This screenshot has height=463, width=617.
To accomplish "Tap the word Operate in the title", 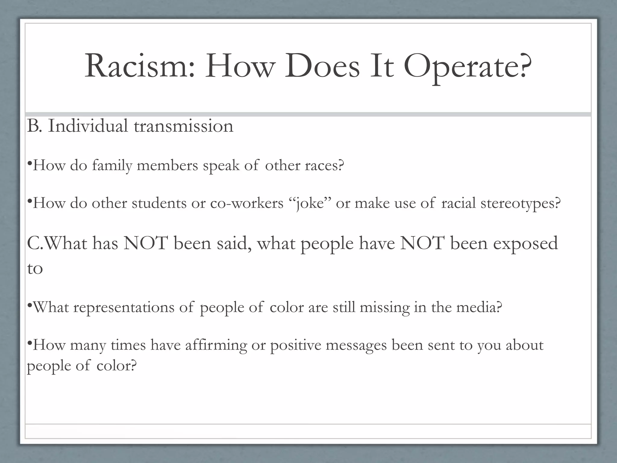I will (x=467, y=67).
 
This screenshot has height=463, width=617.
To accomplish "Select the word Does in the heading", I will (x=322, y=66).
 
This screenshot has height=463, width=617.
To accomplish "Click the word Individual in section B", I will (x=88, y=126).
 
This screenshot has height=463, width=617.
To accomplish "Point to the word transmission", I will (x=183, y=126).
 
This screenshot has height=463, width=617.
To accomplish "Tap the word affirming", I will (x=216, y=345).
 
